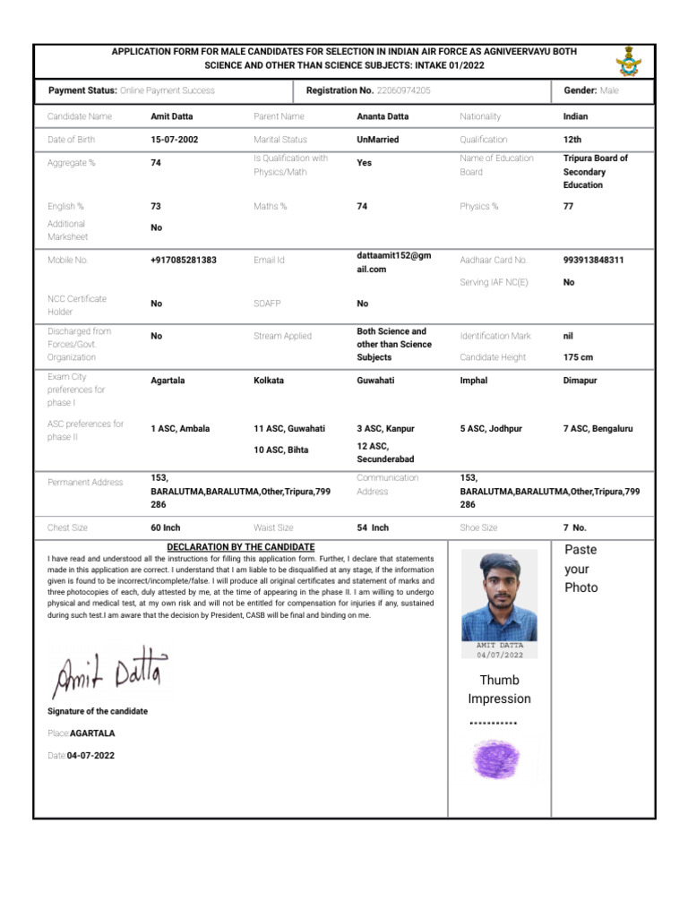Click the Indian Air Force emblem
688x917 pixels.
[628, 60]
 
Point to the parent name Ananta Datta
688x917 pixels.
[383, 116]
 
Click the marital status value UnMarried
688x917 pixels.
[378, 140]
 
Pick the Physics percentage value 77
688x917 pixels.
[569, 206]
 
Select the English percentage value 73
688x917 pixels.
[156, 206]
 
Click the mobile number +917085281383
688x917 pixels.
[184, 260]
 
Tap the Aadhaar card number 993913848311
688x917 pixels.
[594, 260]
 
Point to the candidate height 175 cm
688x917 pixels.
[578, 357]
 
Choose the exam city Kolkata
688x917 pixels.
[269, 381]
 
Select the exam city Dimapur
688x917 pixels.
[580, 381]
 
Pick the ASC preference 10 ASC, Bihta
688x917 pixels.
[280, 450]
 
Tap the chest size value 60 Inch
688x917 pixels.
[166, 527]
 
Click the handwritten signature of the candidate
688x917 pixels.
[107, 673]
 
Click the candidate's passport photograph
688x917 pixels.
[499, 596]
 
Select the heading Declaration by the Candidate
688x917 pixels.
[241, 547]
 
